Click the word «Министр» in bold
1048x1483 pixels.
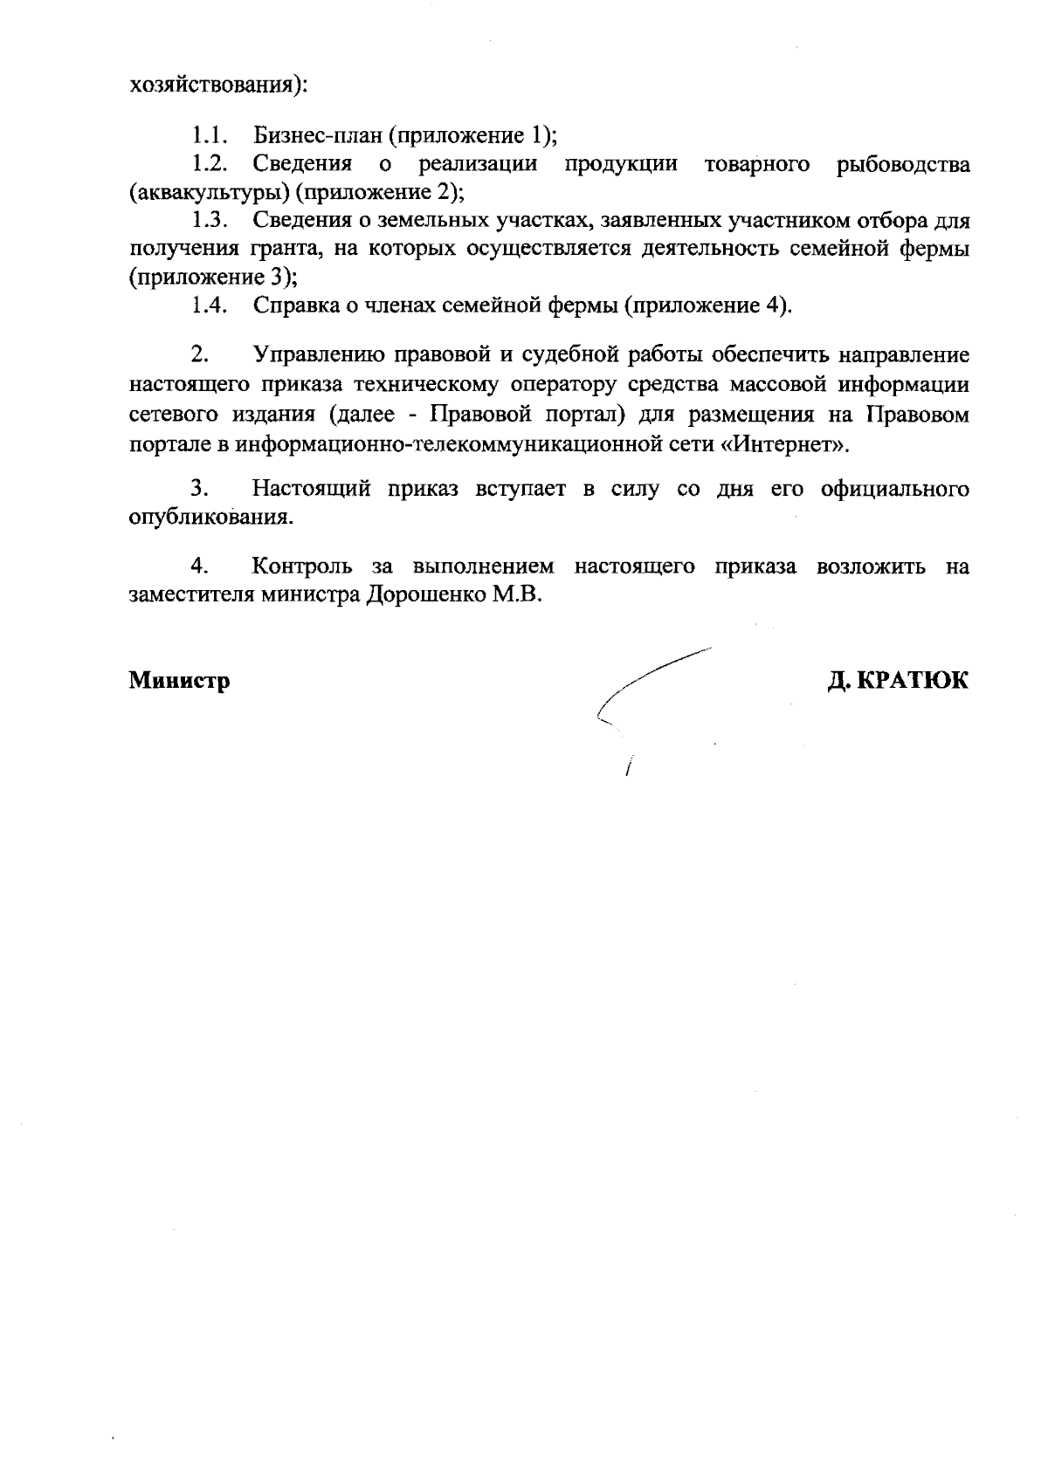(x=180, y=681)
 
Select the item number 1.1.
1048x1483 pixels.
(x=210, y=135)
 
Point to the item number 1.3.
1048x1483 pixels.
(x=210, y=221)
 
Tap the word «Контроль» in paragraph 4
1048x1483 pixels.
(x=302, y=566)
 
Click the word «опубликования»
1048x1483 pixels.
(x=210, y=518)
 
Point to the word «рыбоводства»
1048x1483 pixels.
(x=902, y=164)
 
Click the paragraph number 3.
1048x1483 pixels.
(x=198, y=489)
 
